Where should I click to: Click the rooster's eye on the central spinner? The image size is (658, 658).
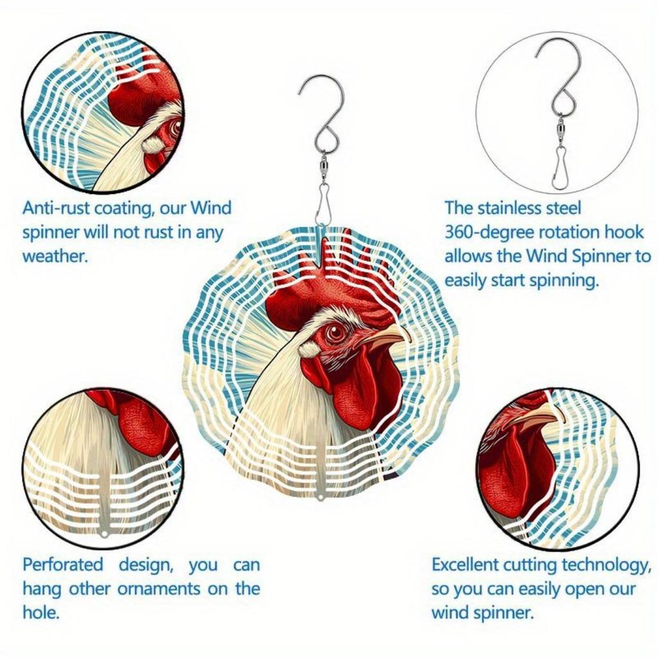(335, 332)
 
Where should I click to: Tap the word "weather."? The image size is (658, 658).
(55, 256)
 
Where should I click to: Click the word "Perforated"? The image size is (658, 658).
(62, 565)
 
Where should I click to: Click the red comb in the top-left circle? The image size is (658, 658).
(138, 90)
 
